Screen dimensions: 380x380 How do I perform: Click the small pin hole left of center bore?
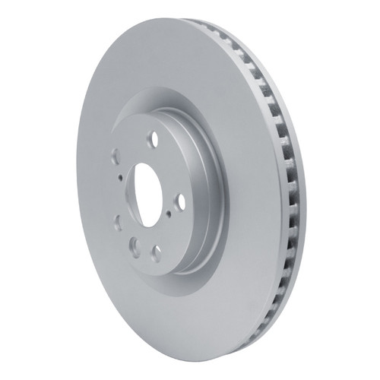[x=121, y=176]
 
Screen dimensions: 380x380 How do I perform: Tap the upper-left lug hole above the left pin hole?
[x=116, y=156]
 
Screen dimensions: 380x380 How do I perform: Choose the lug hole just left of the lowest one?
[x=134, y=244]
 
